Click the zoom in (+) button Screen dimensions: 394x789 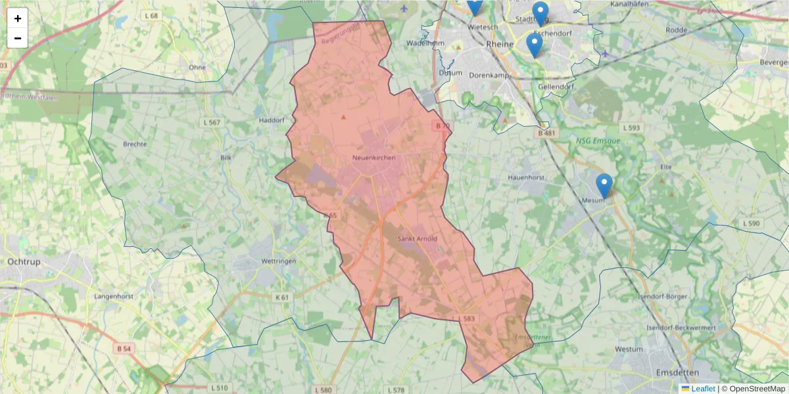click(18, 18)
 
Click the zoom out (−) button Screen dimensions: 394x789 click(18, 38)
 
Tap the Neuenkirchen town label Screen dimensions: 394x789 click(372, 158)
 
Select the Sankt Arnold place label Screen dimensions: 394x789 click(417, 238)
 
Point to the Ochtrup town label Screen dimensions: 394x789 click(24, 261)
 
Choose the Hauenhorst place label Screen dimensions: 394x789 click(527, 177)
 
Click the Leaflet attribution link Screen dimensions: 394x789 click(703, 389)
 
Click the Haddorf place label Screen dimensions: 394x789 click(272, 120)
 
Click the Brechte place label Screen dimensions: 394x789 click(135, 143)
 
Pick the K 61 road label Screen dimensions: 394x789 click(282, 297)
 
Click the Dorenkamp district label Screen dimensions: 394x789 click(489, 75)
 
